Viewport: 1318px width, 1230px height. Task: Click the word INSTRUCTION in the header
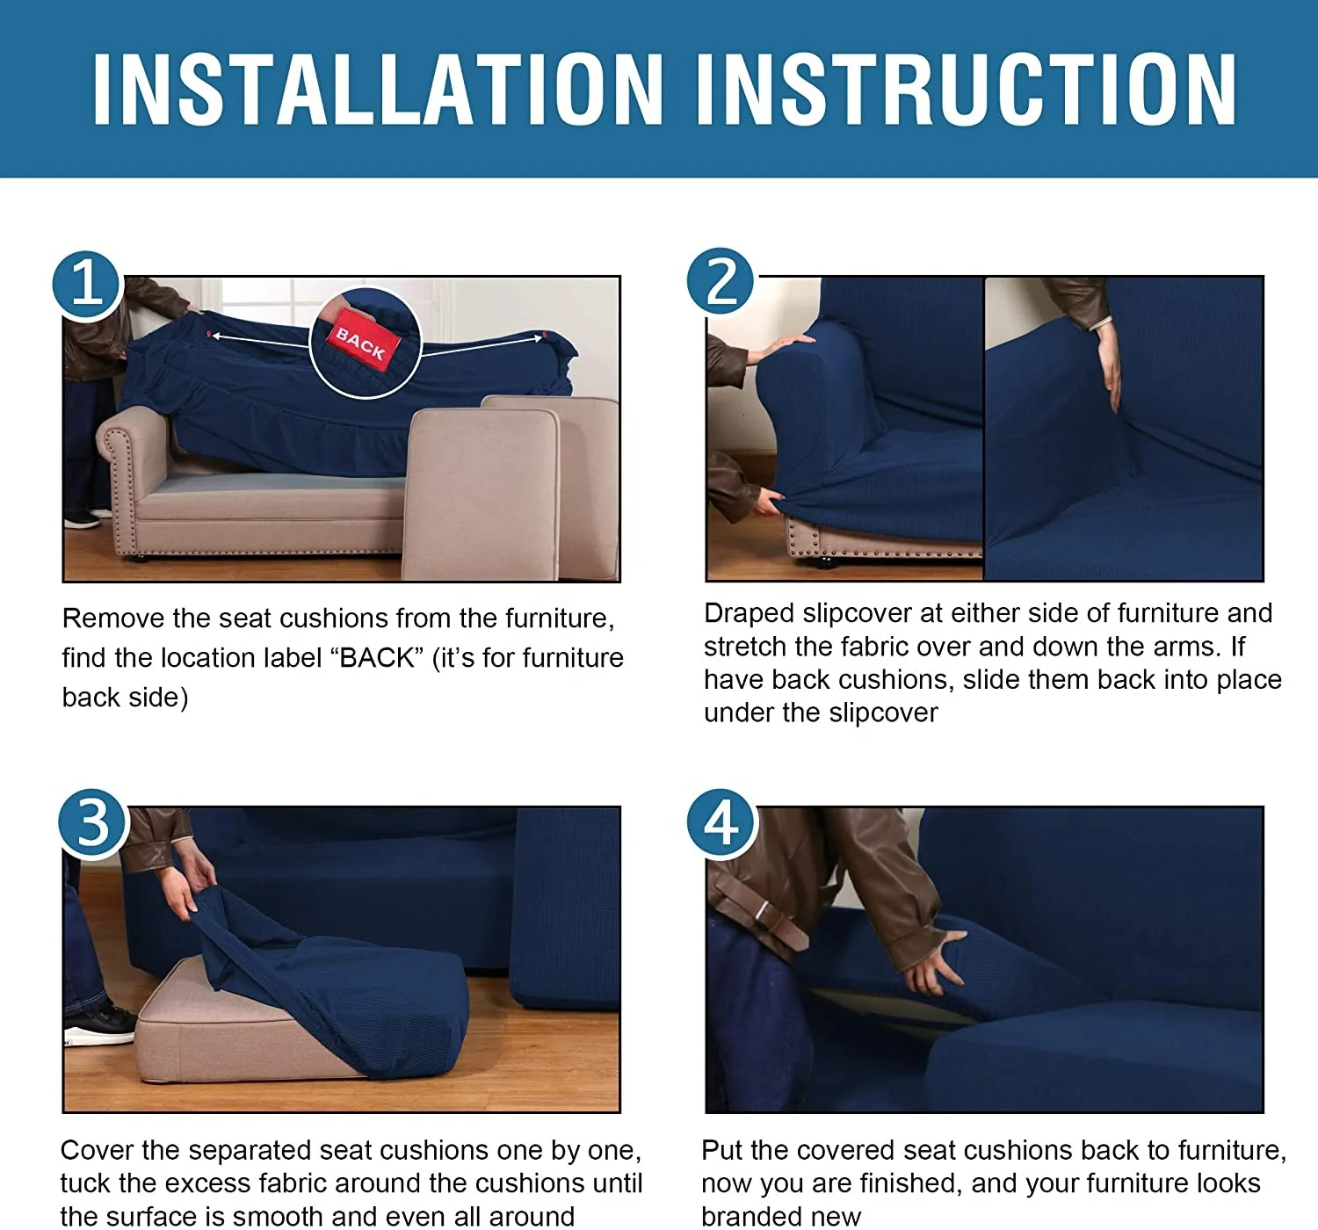[967, 89]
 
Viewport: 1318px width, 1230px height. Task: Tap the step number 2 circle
[721, 281]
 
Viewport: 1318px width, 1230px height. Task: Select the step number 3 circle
[92, 823]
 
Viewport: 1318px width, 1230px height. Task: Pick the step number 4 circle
[721, 823]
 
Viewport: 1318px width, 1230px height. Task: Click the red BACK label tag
[362, 342]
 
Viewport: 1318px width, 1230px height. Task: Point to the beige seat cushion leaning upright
[482, 495]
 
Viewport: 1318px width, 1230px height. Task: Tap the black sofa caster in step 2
[823, 563]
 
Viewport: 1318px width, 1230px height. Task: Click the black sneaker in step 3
[99, 1025]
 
